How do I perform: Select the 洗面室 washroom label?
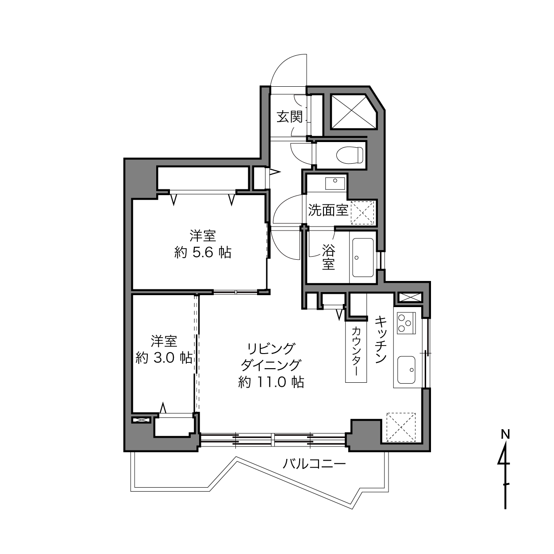[x=328, y=210]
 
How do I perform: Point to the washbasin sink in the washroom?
[x=335, y=184]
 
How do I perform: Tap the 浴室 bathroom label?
[x=328, y=257]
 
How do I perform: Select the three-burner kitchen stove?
[x=406, y=323]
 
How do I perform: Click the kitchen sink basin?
[x=406, y=370]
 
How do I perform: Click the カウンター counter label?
[x=356, y=351]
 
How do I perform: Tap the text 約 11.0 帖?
[x=271, y=382]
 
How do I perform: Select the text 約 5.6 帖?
[x=203, y=253]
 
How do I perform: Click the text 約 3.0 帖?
[x=164, y=358]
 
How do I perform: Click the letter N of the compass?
[x=505, y=435]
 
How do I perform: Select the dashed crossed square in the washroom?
[x=362, y=212]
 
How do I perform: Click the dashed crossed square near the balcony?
[x=401, y=427]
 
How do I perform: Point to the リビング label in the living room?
[x=271, y=349]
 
